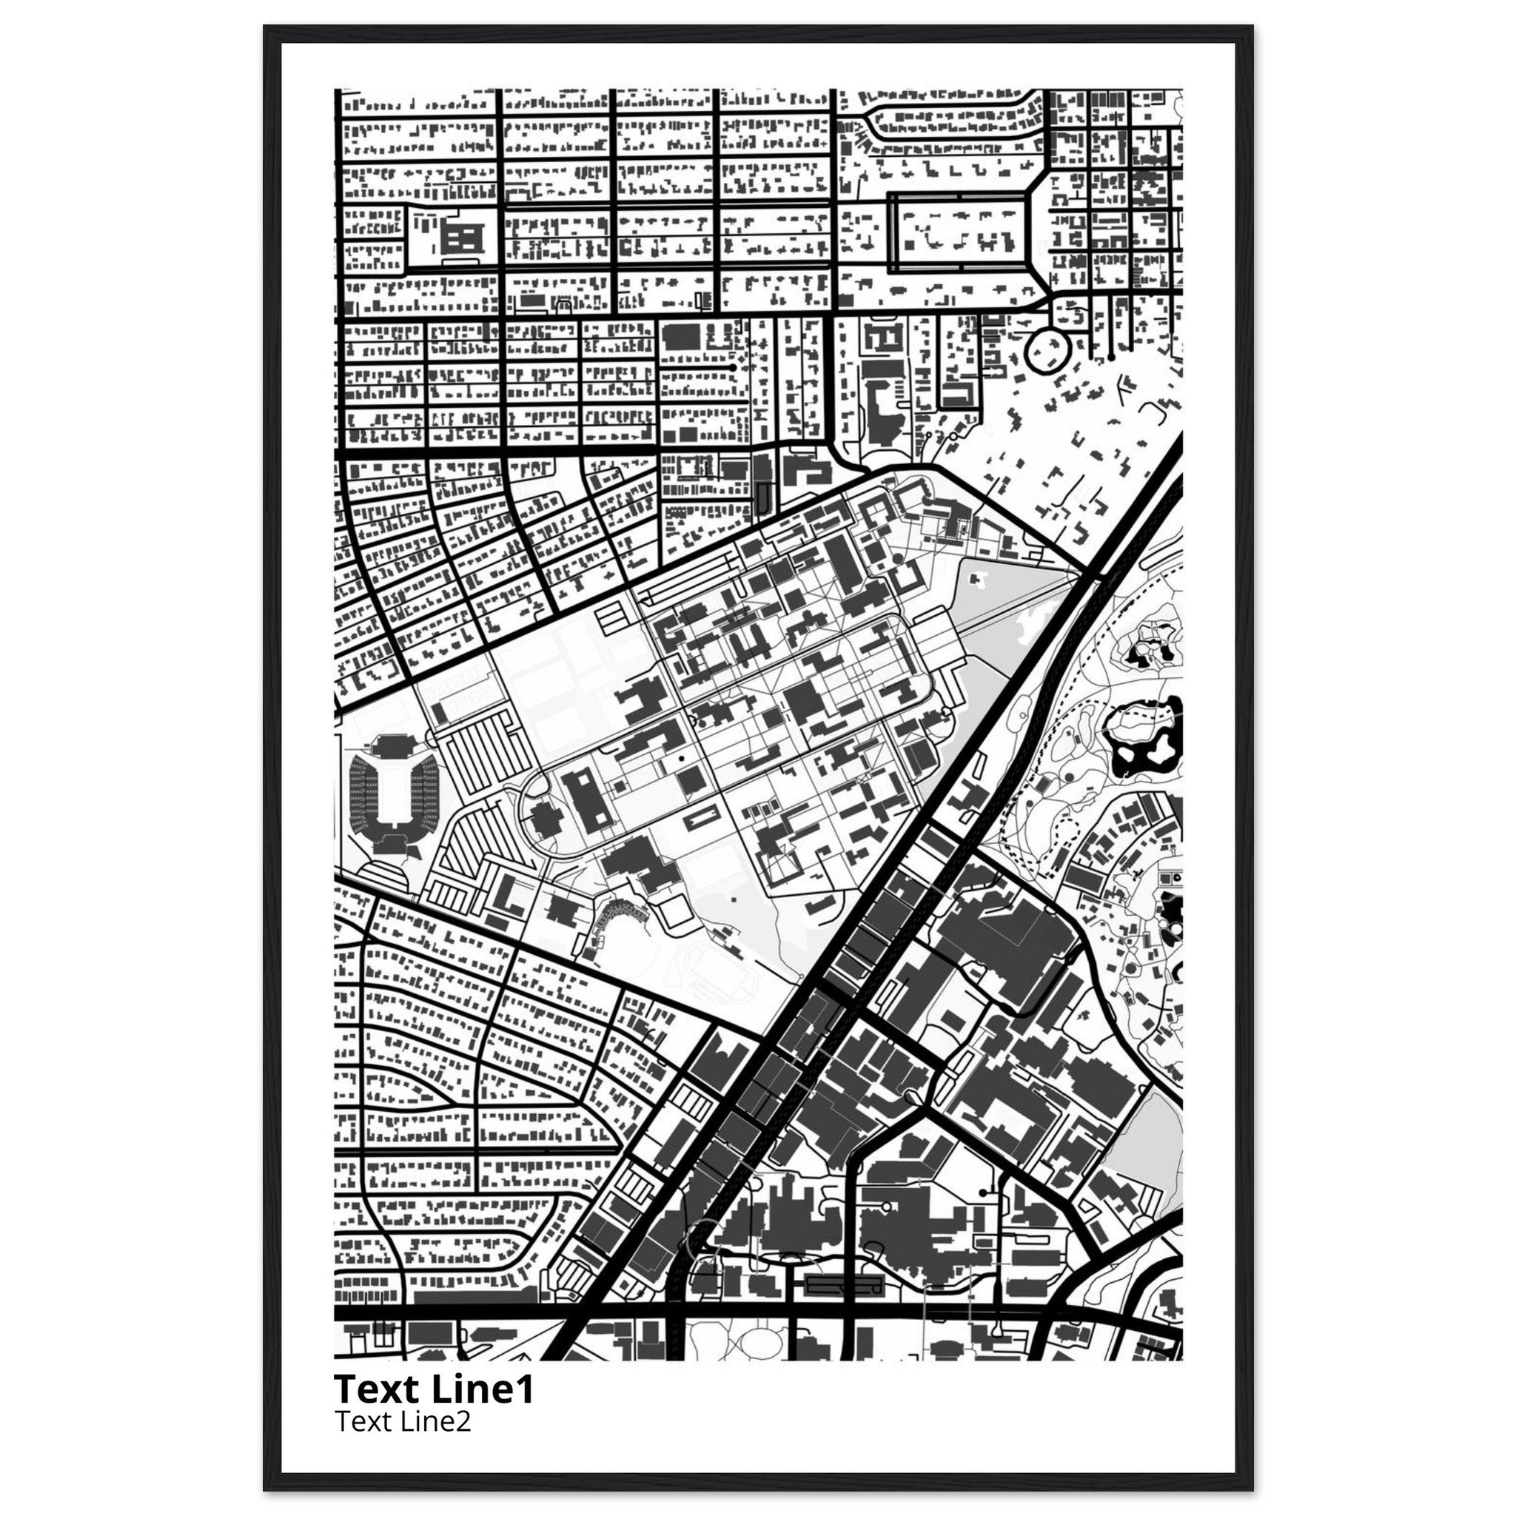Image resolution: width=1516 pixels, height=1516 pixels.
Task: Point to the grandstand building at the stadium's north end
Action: tap(390, 743)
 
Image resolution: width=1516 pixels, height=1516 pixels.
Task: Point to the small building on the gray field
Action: tap(978, 578)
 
